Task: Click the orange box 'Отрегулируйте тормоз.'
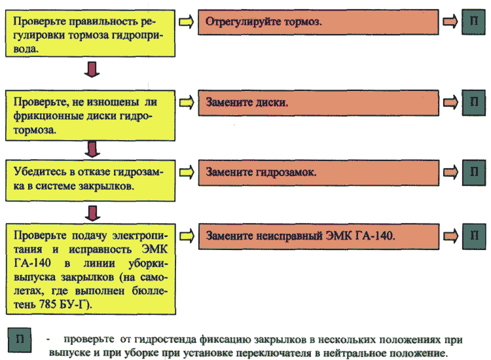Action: [318, 22]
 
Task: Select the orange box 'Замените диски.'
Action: [318, 103]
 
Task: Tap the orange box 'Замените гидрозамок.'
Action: [318, 173]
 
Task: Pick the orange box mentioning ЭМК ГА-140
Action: [319, 236]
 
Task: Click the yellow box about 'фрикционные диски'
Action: [90, 115]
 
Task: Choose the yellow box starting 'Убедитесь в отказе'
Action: [90, 181]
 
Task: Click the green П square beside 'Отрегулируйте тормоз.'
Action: [473, 22]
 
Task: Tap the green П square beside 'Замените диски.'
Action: [474, 103]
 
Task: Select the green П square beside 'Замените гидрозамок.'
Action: [474, 173]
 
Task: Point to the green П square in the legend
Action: [20, 340]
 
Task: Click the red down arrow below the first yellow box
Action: [92, 69]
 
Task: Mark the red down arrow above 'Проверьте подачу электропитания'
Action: [93, 213]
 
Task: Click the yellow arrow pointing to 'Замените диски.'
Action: [187, 103]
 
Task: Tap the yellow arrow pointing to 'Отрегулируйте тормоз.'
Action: [187, 22]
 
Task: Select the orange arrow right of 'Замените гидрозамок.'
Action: [450, 172]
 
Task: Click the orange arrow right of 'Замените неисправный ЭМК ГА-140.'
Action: [451, 236]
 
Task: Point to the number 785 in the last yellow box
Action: [48, 304]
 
